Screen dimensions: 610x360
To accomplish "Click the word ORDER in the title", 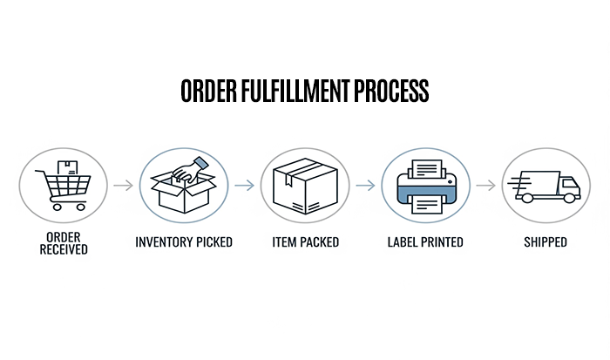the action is (x=208, y=91).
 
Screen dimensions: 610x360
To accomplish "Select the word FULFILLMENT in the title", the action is (x=295, y=91).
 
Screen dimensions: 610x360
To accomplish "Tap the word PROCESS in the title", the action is (x=391, y=91).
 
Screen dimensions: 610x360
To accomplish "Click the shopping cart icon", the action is (x=64, y=186).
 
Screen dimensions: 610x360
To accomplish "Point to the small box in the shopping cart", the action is (x=68, y=167).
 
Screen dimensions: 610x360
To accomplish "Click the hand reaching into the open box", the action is (x=190, y=170).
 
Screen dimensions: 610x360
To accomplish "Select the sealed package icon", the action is (x=305, y=186).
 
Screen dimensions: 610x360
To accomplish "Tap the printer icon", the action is (x=426, y=187).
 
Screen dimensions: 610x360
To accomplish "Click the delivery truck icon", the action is (x=545, y=187).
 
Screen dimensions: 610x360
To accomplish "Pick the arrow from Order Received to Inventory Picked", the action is (x=124, y=186).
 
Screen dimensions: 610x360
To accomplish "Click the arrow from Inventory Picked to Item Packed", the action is (x=244, y=186).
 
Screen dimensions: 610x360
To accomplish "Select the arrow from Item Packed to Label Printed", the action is (x=365, y=186).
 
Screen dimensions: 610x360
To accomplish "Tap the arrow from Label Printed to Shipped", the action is (x=486, y=186).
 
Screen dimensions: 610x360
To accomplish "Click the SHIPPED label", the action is (x=546, y=242).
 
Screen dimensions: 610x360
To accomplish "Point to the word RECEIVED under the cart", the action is (x=64, y=249).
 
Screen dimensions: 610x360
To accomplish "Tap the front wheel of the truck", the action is (x=569, y=198).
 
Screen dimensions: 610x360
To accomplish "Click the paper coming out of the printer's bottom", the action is (x=427, y=204).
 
